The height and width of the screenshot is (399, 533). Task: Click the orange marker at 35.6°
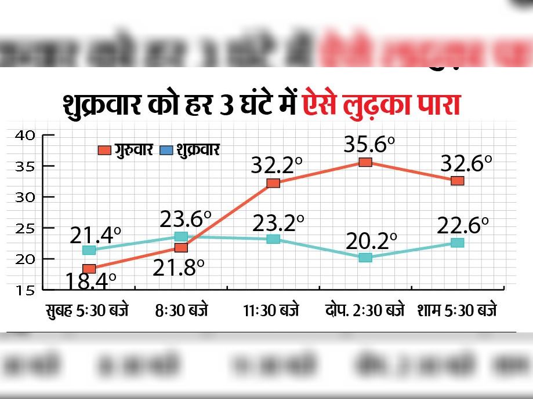point(365,162)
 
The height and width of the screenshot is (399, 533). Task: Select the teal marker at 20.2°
point(365,257)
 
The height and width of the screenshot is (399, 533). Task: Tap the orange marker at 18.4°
point(89,268)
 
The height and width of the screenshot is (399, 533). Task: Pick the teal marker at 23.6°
point(181,236)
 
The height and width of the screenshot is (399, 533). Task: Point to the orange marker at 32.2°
point(273,183)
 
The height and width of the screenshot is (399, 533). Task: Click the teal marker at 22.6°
point(457,243)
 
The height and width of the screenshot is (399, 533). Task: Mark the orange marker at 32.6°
point(457,181)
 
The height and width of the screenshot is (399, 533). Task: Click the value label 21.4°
point(96,235)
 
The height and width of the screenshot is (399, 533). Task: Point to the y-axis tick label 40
point(26,136)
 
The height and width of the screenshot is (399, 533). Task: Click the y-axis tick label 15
point(26,290)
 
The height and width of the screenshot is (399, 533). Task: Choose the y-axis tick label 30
point(26,197)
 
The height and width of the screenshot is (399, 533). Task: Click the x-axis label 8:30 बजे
point(181,310)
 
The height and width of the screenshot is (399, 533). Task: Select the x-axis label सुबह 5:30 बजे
point(88,310)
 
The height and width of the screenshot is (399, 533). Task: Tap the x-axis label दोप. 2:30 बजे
point(365,310)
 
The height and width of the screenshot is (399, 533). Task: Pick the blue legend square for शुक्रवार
point(166,151)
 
